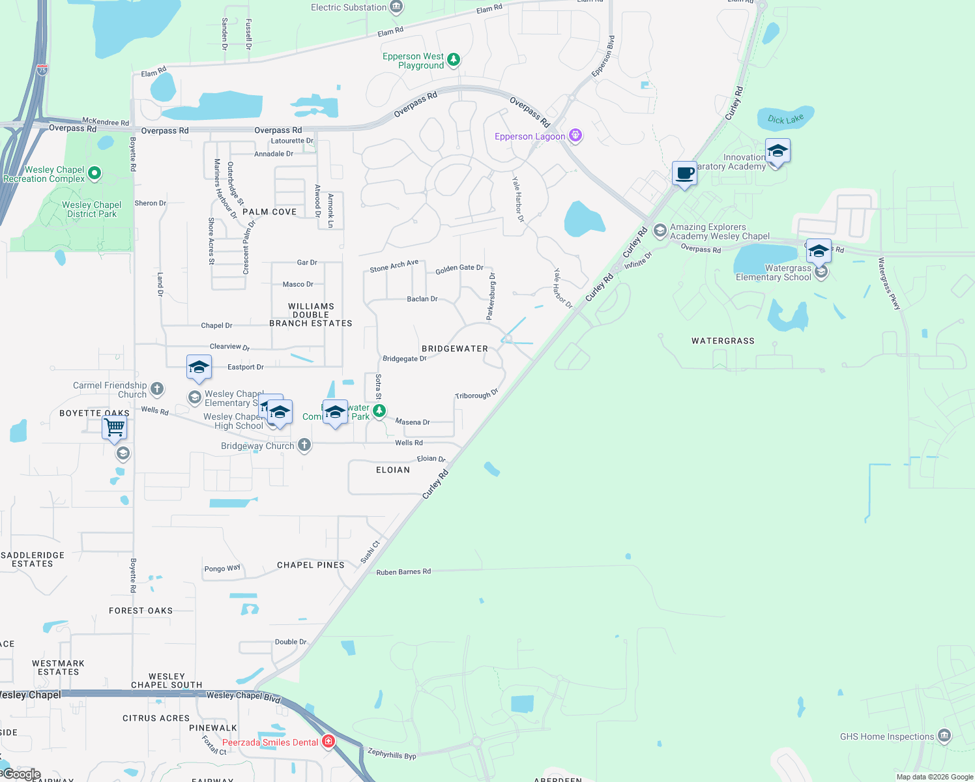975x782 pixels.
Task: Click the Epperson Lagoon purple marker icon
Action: tap(575, 136)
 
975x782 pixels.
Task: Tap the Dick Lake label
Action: tap(785, 119)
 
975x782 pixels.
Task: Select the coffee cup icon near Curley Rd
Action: tap(684, 174)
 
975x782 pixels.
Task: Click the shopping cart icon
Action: tap(114, 428)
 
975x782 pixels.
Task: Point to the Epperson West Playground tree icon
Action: tap(454, 60)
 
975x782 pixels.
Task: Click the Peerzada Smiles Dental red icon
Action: tap(328, 742)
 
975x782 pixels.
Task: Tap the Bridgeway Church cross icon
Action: tap(304, 445)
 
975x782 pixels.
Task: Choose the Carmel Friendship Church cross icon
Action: tap(157, 390)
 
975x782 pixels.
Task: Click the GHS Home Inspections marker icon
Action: tap(944, 736)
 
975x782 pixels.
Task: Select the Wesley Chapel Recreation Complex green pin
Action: tap(95, 173)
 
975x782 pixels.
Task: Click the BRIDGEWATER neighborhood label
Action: tap(455, 349)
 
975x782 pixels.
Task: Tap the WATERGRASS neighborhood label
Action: tap(723, 341)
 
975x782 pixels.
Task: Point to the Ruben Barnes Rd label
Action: tap(403, 572)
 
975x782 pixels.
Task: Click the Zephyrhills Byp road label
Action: tap(392, 753)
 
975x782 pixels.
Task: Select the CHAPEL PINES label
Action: tap(311, 565)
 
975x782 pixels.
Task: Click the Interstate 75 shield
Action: tap(42, 70)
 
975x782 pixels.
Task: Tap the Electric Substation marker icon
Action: tap(396, 7)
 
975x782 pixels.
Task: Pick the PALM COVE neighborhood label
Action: tap(270, 212)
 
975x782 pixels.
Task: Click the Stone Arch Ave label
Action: tap(394, 266)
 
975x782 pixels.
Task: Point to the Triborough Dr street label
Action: tap(476, 394)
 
